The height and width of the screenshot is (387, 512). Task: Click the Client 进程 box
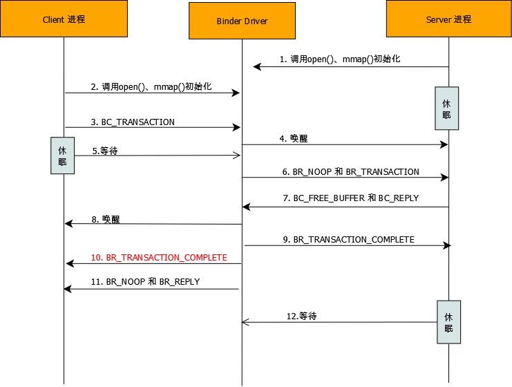(64, 19)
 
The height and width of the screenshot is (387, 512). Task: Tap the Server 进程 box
(448, 19)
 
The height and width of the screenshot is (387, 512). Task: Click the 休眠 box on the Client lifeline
(62, 155)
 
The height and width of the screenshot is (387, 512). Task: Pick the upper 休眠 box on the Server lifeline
(446, 108)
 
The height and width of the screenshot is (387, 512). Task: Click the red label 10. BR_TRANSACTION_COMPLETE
(159, 257)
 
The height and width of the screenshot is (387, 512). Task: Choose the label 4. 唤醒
(294, 138)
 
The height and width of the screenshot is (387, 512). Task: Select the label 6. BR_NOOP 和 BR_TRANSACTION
(350, 171)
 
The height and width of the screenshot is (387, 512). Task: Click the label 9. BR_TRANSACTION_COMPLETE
(348, 239)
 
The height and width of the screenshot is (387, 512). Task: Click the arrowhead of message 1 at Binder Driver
(256, 66)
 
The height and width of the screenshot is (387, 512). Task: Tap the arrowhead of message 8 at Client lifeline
(68, 223)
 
